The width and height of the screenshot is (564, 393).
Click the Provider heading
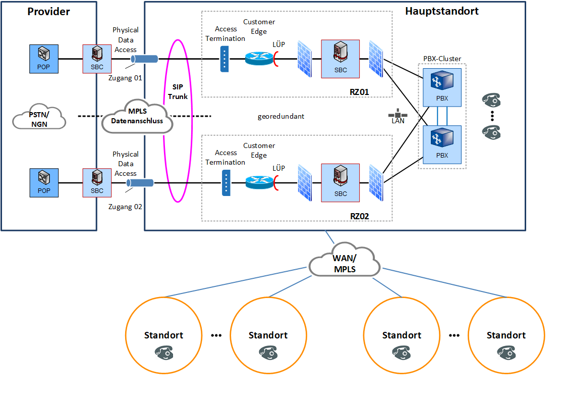(48, 11)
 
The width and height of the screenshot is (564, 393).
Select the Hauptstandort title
(442, 11)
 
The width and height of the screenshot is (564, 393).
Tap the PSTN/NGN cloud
(39, 119)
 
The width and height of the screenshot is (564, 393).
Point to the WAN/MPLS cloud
(345, 261)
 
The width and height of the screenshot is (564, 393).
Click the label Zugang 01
(126, 78)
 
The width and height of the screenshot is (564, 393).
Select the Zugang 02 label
(126, 206)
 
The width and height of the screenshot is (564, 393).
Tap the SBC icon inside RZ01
(341, 59)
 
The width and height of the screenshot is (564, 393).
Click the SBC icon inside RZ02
(341, 182)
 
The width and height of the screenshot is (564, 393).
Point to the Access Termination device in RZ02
(225, 182)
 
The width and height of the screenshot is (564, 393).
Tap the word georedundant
(280, 116)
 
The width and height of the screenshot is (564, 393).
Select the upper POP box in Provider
(44, 59)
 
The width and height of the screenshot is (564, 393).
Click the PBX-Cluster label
(442, 59)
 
